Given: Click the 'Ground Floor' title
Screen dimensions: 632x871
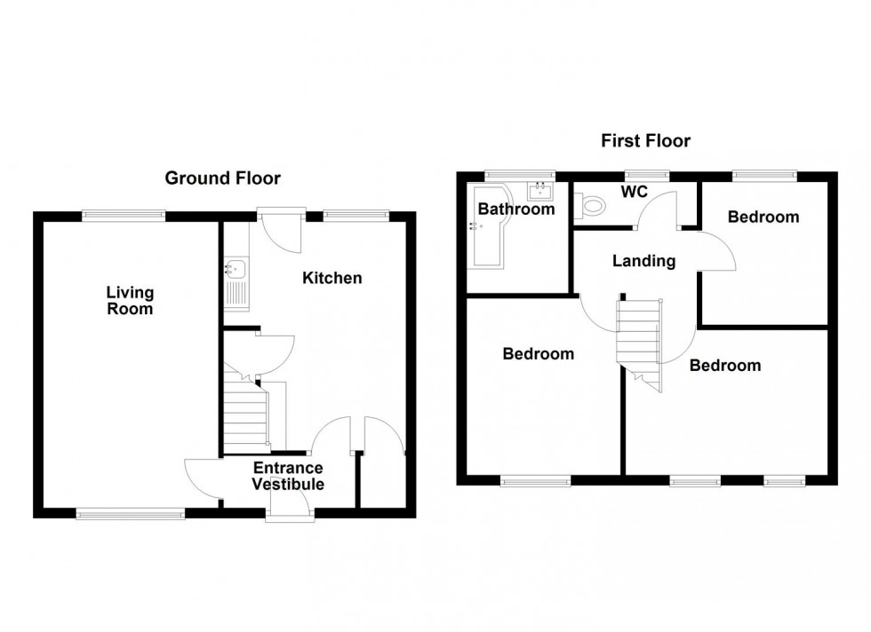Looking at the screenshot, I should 222,178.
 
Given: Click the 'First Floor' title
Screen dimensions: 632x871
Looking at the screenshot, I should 645,140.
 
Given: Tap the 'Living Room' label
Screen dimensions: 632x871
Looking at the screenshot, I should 130,300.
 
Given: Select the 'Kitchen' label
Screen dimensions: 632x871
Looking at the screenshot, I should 332,278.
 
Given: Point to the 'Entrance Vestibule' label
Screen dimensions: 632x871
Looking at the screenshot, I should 287,476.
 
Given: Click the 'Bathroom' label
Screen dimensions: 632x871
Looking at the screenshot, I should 515,209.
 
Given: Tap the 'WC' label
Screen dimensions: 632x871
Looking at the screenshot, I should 634,191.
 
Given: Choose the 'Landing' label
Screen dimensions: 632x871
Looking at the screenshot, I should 644,261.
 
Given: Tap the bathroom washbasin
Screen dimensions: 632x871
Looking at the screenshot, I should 540,191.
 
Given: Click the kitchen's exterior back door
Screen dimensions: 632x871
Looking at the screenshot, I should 281,229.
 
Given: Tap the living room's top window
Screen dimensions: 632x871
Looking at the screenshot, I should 124,214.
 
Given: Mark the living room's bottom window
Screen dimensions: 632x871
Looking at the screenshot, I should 130,513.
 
